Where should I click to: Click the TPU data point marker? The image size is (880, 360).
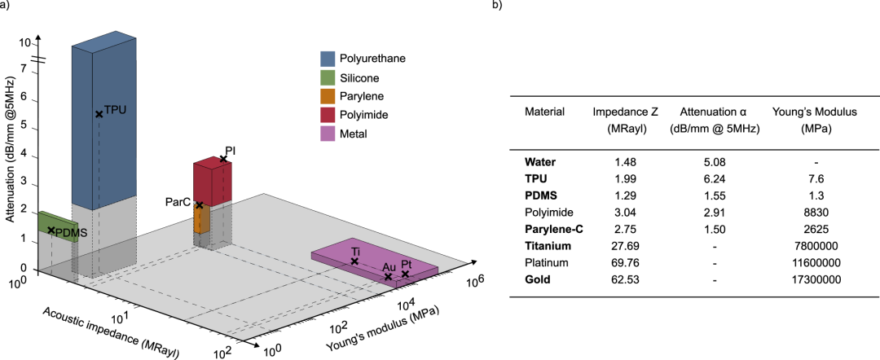[x=99, y=114]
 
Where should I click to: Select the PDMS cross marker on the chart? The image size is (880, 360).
[x=51, y=230]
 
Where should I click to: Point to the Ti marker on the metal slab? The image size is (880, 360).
[x=354, y=261]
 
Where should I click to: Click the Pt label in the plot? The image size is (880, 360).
[x=405, y=264]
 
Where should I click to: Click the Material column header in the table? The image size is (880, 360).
[x=544, y=112]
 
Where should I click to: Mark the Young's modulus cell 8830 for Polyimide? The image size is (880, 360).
[x=816, y=213]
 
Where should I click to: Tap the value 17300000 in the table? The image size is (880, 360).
[x=816, y=279]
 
